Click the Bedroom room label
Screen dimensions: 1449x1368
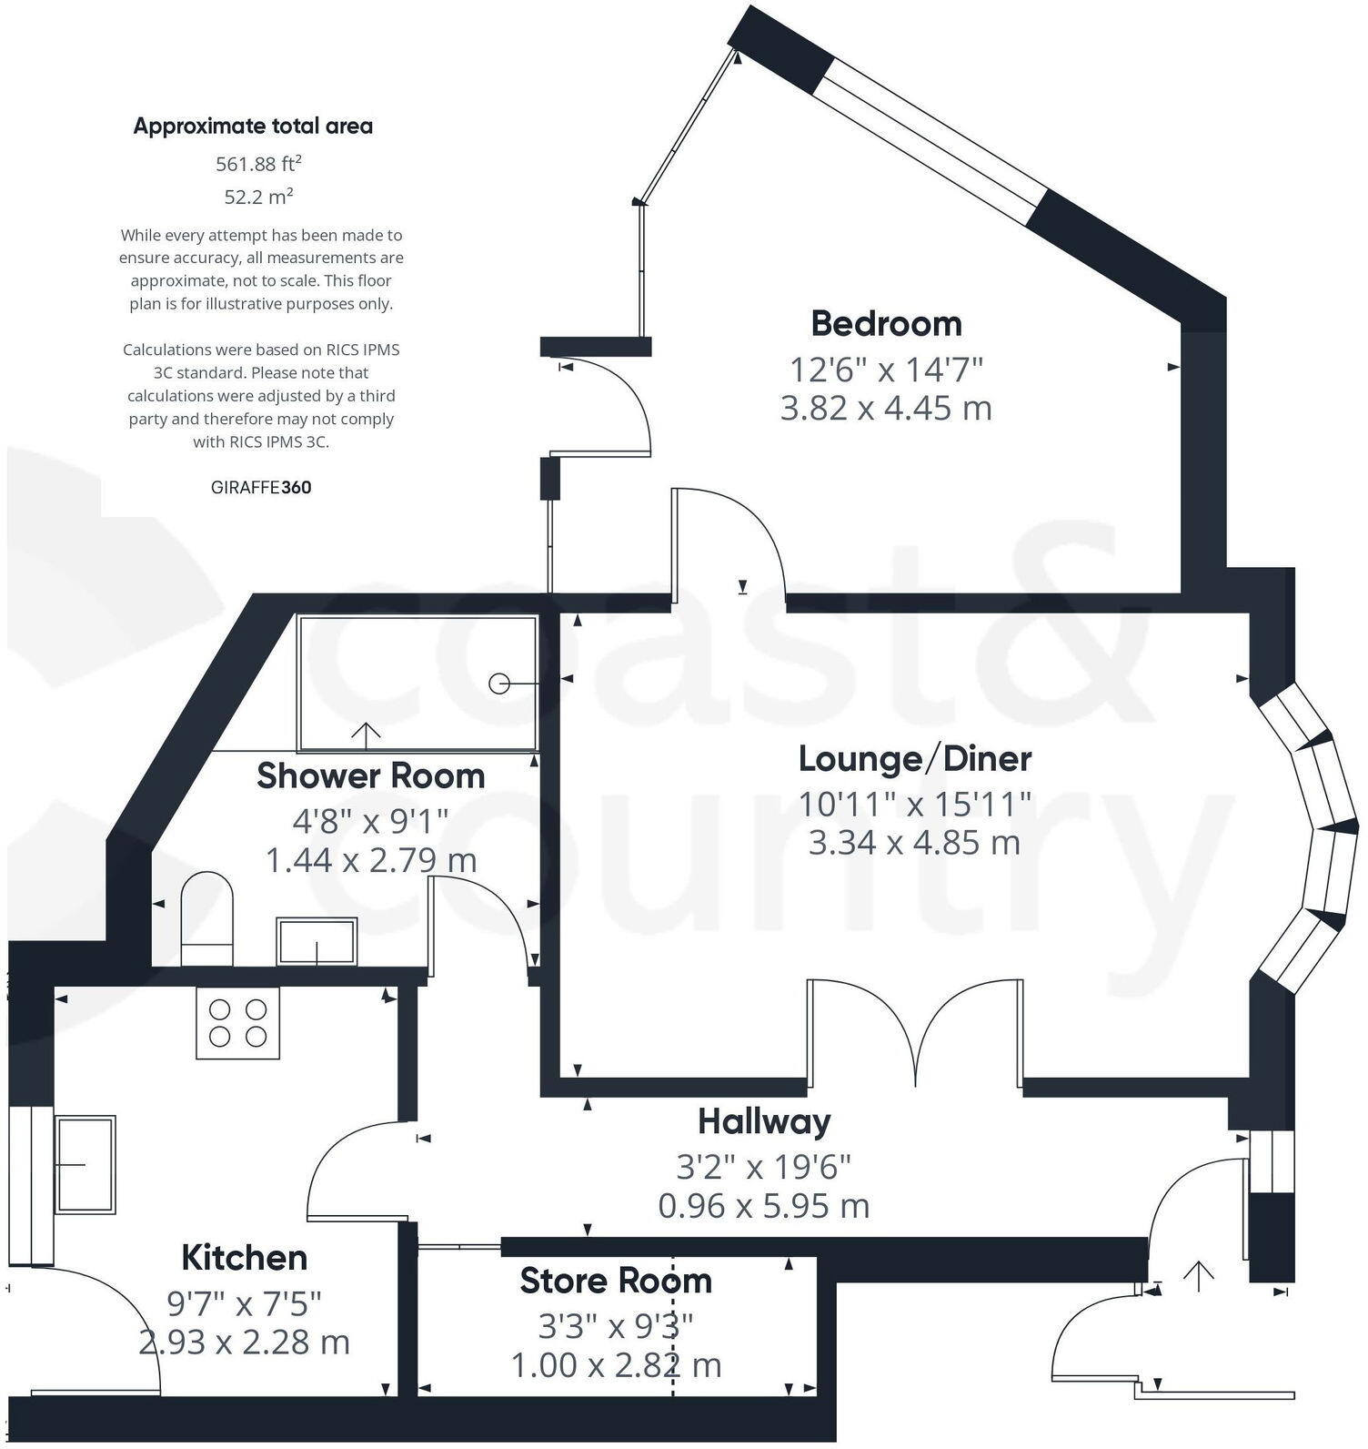click(886, 324)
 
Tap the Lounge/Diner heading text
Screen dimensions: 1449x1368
click(914, 758)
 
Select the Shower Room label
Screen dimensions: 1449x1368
click(370, 776)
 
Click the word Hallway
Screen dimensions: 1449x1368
click(764, 1122)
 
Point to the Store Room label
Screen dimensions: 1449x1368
click(616, 1282)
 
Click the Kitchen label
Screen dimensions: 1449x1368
click(244, 1259)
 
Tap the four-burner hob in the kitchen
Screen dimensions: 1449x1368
click(237, 1023)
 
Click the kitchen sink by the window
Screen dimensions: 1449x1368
click(85, 1165)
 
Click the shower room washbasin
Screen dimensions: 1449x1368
click(317, 942)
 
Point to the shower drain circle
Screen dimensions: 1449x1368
click(499, 684)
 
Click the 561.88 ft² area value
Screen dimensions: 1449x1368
click(258, 164)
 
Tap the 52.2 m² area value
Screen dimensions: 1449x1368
click(258, 197)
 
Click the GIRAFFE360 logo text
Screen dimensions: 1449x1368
click(261, 488)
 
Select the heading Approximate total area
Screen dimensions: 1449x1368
click(253, 127)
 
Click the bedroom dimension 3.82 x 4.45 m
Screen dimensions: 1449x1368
click(886, 408)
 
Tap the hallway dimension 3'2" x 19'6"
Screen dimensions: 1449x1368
click(764, 1166)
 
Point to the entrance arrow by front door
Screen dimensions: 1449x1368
click(1199, 1276)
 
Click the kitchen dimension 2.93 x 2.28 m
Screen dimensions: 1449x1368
click(244, 1343)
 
